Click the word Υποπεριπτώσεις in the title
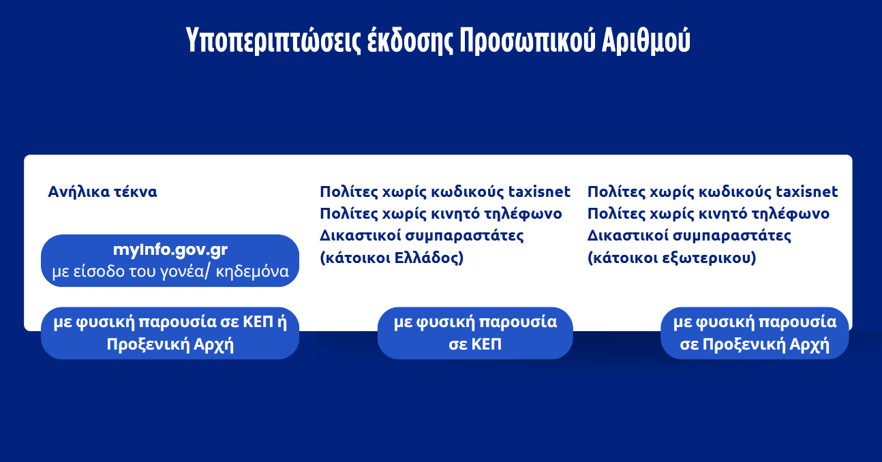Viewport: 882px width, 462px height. coord(273,40)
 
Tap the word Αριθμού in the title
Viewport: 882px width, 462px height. coord(646,40)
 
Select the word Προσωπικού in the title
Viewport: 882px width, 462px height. coord(528,40)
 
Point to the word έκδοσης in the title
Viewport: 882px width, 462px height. coord(410,40)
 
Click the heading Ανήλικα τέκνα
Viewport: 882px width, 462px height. coord(102,191)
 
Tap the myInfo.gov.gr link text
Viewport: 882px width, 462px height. coord(170,249)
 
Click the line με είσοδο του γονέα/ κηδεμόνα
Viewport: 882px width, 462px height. coord(170,271)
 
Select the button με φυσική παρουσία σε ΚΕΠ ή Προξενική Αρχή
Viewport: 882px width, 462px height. coord(170,333)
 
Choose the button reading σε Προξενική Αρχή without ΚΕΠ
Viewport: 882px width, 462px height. coord(755,333)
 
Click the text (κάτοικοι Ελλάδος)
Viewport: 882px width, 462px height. coord(391,258)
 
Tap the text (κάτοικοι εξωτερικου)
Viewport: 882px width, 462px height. coord(672,258)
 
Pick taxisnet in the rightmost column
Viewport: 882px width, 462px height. coord(807,191)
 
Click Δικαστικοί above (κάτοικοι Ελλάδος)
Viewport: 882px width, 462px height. coord(359,235)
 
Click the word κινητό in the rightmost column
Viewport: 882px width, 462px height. coord(723,214)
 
